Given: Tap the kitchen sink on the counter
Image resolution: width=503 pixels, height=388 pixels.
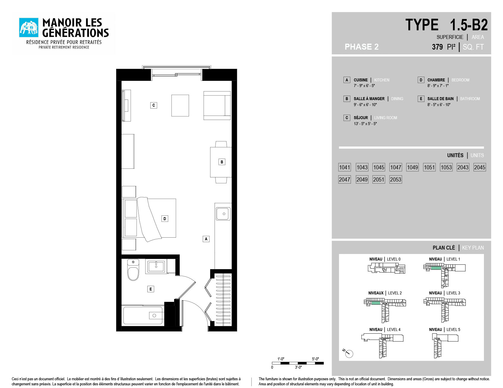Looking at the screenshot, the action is [223, 214].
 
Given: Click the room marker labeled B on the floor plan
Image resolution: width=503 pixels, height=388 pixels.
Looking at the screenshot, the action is [222, 162].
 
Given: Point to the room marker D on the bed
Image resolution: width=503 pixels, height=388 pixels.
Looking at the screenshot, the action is [165, 219].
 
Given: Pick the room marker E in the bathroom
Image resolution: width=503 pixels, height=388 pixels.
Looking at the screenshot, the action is [151, 289].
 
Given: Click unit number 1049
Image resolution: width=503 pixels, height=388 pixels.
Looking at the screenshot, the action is [412, 167].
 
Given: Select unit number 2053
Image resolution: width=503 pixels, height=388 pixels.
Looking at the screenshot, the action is [396, 179].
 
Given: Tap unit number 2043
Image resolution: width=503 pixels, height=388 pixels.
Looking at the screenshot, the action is [463, 167].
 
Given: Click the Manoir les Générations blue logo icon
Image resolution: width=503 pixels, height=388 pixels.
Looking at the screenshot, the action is [29, 27].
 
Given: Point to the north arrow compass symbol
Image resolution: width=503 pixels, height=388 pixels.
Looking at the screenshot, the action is [348, 353].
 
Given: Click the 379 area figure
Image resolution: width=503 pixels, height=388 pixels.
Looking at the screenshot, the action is [437, 47].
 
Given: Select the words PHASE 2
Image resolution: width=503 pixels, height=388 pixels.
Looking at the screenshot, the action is [362, 47].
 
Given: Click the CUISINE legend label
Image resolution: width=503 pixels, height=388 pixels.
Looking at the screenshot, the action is [360, 80].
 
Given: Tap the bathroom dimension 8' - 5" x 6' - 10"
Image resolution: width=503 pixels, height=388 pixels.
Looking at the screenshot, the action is [439, 105].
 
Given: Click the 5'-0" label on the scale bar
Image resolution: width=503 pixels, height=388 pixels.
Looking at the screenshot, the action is [315, 359].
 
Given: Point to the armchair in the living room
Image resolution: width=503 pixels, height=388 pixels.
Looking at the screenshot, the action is [217, 105].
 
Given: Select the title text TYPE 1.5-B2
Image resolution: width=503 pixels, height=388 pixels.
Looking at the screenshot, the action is [446, 25].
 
